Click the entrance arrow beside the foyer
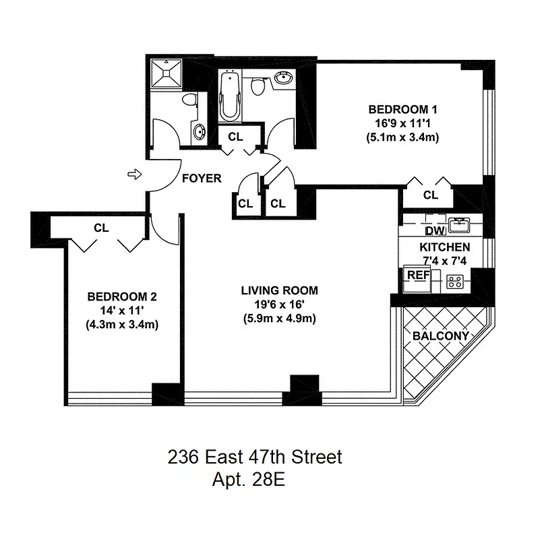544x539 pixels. pyautogui.click(x=133, y=175)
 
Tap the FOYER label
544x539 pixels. pyautogui.click(x=202, y=179)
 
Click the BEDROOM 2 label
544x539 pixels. pyautogui.click(x=123, y=296)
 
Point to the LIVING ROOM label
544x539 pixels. pyautogui.click(x=280, y=291)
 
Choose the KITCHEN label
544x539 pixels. pyautogui.click(x=445, y=247)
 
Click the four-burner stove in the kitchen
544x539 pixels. pyautogui.click(x=456, y=282)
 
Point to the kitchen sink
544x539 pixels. pyautogui.click(x=460, y=222)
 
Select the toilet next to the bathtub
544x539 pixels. pyautogui.click(x=257, y=86)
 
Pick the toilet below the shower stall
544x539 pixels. pyautogui.click(x=191, y=101)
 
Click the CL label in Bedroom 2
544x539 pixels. pyautogui.click(x=101, y=228)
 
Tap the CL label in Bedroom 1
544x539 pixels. pyautogui.click(x=431, y=195)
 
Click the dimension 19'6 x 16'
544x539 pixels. pyautogui.click(x=280, y=305)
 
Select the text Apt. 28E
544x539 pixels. pyautogui.click(x=251, y=481)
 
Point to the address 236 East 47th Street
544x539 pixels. pyautogui.click(x=255, y=458)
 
